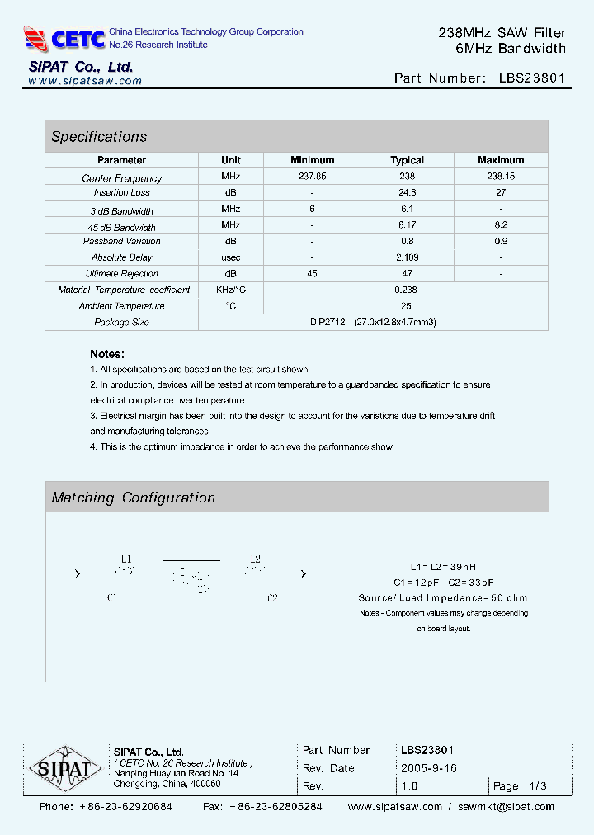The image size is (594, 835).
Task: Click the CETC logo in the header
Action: coord(65,39)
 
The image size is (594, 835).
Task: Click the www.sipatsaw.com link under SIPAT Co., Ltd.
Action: coord(85,81)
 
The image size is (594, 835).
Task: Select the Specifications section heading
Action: coord(99,137)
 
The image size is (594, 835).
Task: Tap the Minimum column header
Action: coord(313,160)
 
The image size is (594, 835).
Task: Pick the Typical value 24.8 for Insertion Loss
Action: coord(407,192)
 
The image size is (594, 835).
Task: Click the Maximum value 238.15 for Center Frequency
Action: coord(501,177)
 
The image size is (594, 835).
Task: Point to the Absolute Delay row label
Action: coord(121,257)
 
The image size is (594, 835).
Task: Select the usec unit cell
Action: coord(231,257)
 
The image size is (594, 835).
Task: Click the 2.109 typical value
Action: coord(407,257)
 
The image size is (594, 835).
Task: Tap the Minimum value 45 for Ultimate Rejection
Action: coord(313,273)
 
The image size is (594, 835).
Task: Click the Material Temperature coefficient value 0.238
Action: coord(406,290)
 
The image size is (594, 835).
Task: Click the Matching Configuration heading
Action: coord(133,498)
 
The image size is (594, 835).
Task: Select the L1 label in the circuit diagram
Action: coord(126,559)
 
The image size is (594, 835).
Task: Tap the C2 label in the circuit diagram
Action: coord(272,598)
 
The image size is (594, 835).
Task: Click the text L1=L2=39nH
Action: coord(443,568)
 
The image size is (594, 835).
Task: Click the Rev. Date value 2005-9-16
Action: coord(428,768)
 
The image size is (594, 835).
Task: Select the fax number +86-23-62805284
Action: coord(276,807)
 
